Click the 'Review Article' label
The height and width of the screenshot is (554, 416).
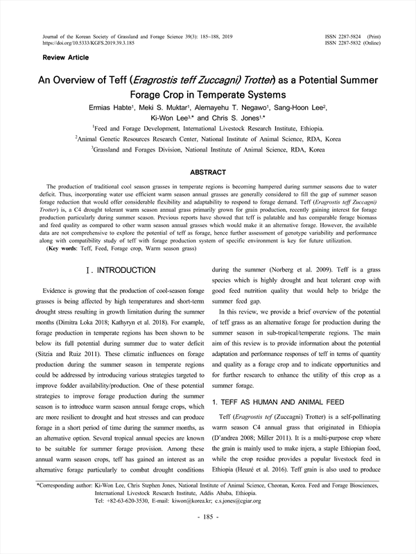pos(65,57)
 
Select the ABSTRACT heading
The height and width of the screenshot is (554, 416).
pos(208,172)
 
